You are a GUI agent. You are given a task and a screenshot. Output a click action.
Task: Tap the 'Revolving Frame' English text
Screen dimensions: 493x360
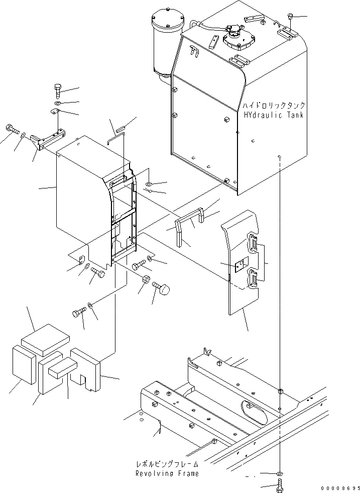pyautogui.click(x=167, y=473)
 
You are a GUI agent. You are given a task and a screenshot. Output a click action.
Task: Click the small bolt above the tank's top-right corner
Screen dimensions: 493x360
pyautogui.click(x=290, y=18)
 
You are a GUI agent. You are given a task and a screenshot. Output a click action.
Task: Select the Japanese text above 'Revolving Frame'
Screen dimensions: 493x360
pyautogui.click(x=167, y=464)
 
